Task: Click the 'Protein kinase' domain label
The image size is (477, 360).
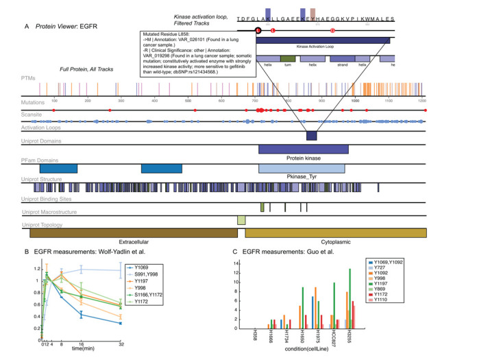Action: coord(304,157)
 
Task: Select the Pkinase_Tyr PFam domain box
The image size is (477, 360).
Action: coord(302,168)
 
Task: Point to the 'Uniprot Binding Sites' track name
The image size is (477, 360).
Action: coord(44,198)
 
